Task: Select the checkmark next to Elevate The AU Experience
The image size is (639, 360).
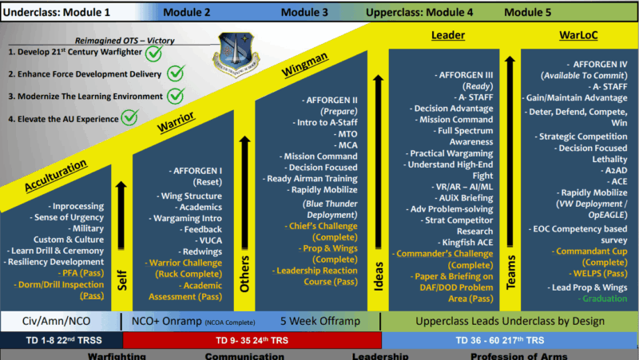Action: (131, 118)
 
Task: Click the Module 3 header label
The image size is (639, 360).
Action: (304, 12)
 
